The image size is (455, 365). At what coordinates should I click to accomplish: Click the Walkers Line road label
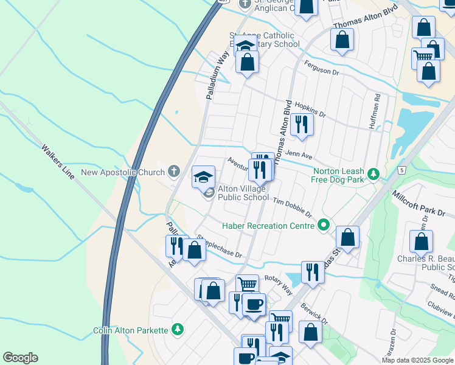(x=58, y=162)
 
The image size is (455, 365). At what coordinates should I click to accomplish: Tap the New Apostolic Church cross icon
(x=174, y=172)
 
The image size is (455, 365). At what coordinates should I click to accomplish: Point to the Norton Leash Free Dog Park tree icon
(x=374, y=175)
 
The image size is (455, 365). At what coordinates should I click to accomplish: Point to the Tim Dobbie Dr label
(x=291, y=208)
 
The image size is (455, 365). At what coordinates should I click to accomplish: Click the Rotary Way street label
(x=279, y=277)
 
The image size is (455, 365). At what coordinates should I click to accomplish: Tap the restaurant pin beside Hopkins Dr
(x=301, y=125)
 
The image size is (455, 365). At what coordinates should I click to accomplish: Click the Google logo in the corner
(x=20, y=358)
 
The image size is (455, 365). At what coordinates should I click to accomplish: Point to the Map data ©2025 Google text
(x=418, y=360)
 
